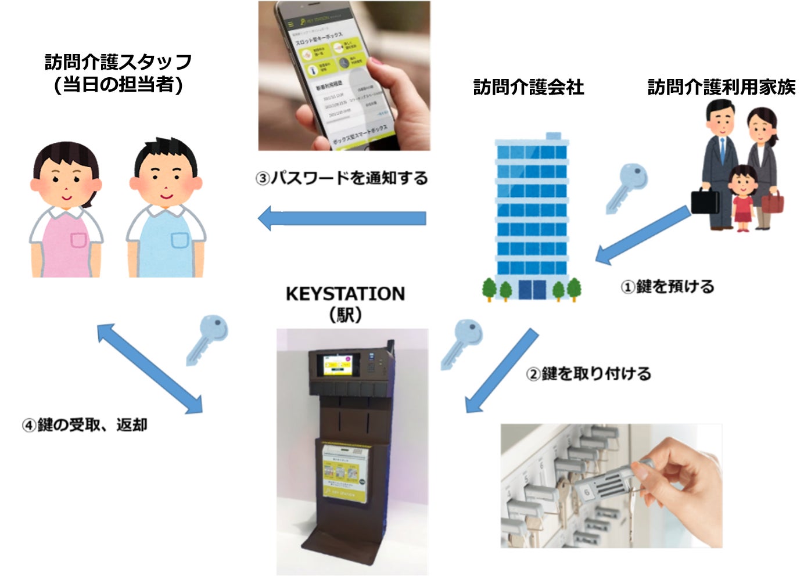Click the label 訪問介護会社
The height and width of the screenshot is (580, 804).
pos(528,87)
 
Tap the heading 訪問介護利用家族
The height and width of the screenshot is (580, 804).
pos(721,87)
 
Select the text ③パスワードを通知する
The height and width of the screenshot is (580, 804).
pos(342,178)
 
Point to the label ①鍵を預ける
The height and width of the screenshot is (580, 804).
pos(667,286)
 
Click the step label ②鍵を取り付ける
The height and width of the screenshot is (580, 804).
pos(588,373)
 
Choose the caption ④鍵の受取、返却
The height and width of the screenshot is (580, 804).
pos(85,425)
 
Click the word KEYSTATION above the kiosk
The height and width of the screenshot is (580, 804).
pos(345,294)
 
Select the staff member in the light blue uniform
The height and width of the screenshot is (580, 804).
pos(166,209)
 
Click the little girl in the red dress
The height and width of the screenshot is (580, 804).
pos(742,197)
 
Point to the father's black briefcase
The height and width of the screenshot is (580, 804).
pos(705,201)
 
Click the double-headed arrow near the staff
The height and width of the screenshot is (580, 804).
pos(149,369)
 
